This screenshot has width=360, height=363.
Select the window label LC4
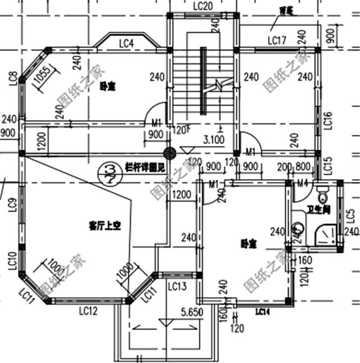coord(126,43)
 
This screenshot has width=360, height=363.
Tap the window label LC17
coord(277,40)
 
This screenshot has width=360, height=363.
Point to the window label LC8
coord(12,78)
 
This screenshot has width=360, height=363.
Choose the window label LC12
coord(89,310)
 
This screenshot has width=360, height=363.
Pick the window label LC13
coord(177,287)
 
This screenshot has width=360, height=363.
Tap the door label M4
coord(303,182)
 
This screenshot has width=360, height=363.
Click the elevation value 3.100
coord(214,138)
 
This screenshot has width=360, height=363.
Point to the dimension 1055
coord(44,78)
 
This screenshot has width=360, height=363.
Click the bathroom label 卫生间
coord(318,211)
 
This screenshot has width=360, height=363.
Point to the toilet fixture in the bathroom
coord(322,196)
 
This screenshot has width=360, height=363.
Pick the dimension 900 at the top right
coord(330,37)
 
